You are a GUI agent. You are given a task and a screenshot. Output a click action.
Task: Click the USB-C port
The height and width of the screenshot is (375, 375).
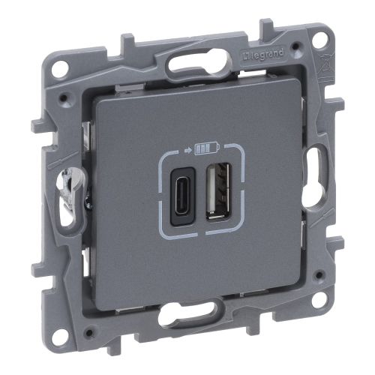[x=182, y=196]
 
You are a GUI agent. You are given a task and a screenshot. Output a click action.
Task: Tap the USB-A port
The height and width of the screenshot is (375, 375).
[x=217, y=191]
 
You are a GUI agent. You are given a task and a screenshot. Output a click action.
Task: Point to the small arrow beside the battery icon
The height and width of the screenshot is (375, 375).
[x=188, y=151]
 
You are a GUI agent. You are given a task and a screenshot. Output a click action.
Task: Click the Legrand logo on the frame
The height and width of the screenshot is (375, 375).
[x=263, y=55]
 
